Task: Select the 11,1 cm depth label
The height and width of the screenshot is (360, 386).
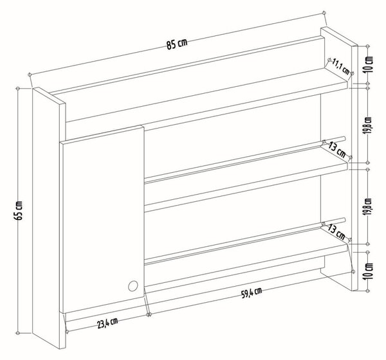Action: [x=341, y=66]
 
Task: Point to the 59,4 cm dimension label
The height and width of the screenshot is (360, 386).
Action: [x=252, y=293]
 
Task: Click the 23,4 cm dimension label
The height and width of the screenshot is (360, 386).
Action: [x=107, y=323]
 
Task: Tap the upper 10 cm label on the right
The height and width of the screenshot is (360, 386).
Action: [x=369, y=64]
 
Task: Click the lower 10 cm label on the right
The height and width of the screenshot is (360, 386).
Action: [x=369, y=271]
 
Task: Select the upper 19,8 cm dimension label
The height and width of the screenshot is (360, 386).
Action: [x=369, y=125]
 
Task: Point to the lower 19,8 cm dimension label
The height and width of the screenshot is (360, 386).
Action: [x=369, y=207]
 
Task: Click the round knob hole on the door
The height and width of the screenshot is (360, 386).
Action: [x=133, y=286]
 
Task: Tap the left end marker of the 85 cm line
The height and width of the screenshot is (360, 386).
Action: [x=30, y=74]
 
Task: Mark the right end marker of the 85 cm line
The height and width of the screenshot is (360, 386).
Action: [x=324, y=12]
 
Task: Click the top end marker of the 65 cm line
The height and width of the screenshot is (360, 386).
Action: [x=18, y=89]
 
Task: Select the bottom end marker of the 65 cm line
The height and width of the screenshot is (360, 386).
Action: [x=18, y=333]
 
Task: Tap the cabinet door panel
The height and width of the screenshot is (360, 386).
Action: [x=102, y=219]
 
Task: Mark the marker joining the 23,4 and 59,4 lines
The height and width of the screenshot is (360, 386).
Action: [x=149, y=314]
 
